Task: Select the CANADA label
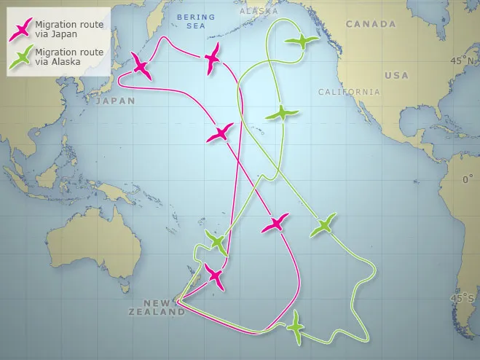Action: (371, 24)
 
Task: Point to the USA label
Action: (396, 75)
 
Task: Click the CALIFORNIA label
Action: (349, 92)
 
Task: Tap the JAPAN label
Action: (115, 101)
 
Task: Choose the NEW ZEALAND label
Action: (164, 307)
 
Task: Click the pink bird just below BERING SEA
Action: (213, 57)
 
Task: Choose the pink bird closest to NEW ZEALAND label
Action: (215, 276)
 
